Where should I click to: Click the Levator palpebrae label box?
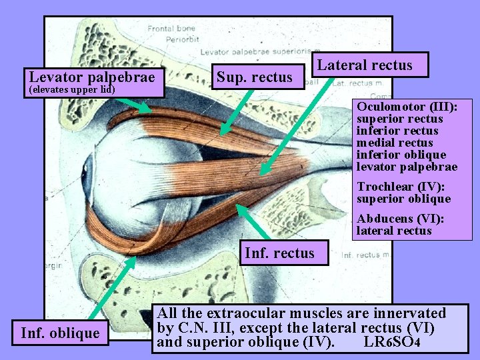coord(93,77)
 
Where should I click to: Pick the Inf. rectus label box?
coord(283,253)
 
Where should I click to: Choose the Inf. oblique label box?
coord(60,332)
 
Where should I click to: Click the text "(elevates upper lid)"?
coord(71,89)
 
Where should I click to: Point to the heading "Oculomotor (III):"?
coord(405,107)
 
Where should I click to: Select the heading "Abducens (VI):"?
coord(400,219)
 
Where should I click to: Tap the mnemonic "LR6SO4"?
coord(392,343)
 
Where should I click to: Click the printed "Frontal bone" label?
coord(171,29)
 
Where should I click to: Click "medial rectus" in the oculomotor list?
coord(395,143)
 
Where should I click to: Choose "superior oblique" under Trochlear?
coord(403,199)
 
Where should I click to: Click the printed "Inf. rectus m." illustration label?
coord(364,255)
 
